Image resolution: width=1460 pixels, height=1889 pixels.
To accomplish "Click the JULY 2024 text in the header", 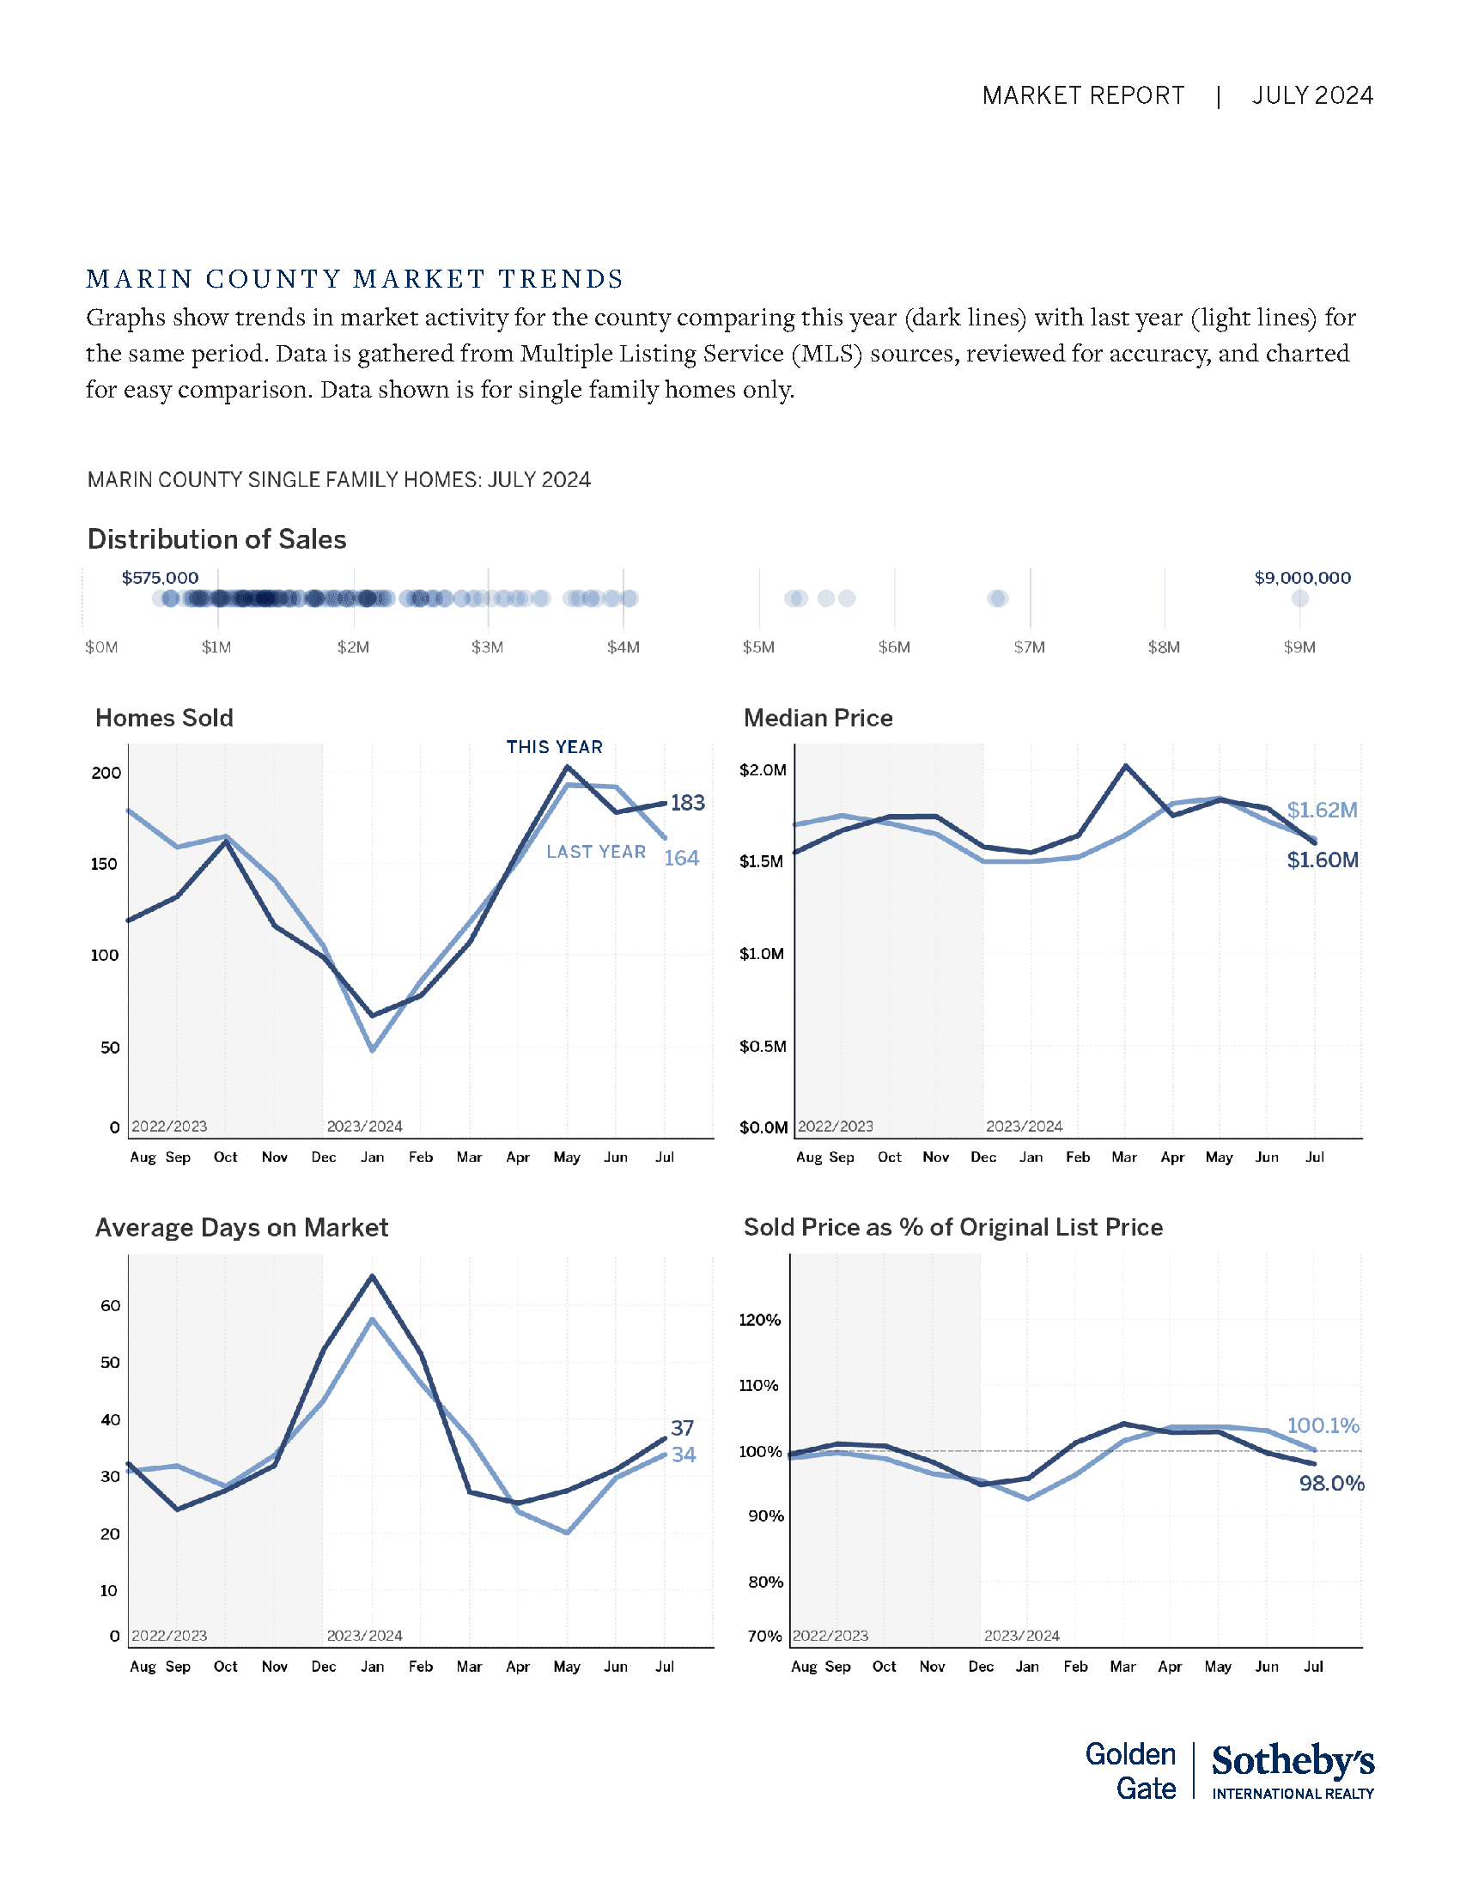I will click(1311, 95).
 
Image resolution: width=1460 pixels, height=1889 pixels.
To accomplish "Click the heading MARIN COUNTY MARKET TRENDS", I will click(355, 279).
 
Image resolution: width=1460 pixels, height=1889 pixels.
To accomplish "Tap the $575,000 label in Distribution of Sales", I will click(160, 578).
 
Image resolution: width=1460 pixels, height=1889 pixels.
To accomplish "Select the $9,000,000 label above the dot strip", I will click(1302, 578).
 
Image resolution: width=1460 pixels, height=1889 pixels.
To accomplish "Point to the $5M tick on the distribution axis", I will click(758, 647).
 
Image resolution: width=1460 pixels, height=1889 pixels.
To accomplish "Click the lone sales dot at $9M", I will click(1299, 598).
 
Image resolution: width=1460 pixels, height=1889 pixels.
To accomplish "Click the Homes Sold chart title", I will click(164, 718).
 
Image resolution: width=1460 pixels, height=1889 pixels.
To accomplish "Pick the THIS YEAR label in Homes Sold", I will click(555, 747).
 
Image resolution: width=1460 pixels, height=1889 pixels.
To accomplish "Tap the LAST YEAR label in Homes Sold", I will click(596, 852).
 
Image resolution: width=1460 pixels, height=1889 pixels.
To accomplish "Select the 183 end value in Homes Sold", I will click(688, 804).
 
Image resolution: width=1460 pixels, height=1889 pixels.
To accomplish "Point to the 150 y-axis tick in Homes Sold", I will click(104, 864).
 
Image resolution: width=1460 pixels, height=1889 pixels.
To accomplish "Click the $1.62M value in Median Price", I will click(1322, 811).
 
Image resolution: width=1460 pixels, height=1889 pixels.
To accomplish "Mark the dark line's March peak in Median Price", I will click(1125, 765).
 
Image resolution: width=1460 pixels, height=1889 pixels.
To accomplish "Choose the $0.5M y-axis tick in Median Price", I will click(763, 1047).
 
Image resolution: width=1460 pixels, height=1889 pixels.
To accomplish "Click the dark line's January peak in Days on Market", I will click(372, 1276).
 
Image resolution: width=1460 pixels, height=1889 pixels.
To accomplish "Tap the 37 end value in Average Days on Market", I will click(683, 1428).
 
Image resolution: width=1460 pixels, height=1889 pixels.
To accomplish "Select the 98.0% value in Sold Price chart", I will click(1331, 1485).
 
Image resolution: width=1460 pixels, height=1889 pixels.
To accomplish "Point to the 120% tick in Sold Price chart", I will click(759, 1320).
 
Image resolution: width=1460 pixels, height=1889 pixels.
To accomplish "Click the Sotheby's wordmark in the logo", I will click(1293, 1761).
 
